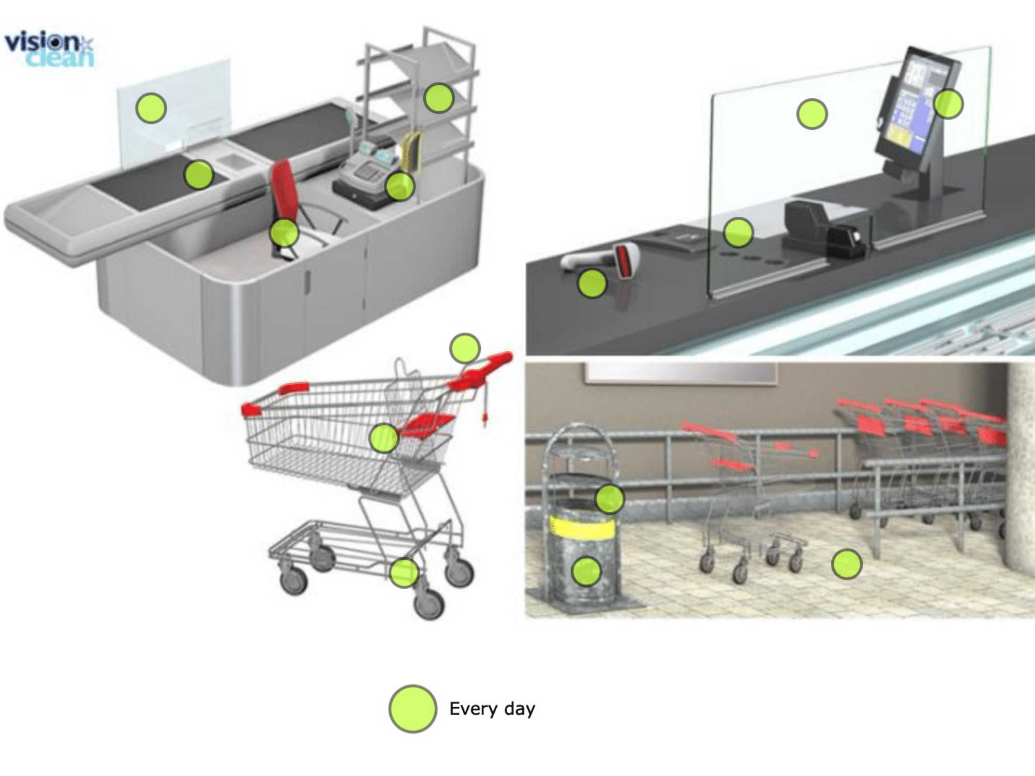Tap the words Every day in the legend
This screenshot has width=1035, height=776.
(x=492, y=709)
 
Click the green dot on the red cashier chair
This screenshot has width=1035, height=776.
(x=284, y=233)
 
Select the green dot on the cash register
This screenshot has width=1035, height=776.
(x=400, y=186)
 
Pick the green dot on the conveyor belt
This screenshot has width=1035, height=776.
(x=199, y=174)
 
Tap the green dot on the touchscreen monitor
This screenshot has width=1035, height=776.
(x=948, y=103)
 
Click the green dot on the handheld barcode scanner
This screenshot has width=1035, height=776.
(x=592, y=283)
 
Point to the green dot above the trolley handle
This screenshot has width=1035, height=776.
(x=465, y=348)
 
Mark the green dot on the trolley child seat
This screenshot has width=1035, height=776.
(x=384, y=438)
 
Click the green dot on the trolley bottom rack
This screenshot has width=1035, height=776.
(x=404, y=572)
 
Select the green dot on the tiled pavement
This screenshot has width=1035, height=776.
(x=847, y=564)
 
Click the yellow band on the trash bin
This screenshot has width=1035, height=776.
(x=582, y=527)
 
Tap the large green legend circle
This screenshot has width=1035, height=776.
(x=412, y=709)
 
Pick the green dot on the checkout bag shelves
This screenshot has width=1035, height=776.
(x=439, y=98)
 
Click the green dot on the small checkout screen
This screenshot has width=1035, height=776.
(x=151, y=108)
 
